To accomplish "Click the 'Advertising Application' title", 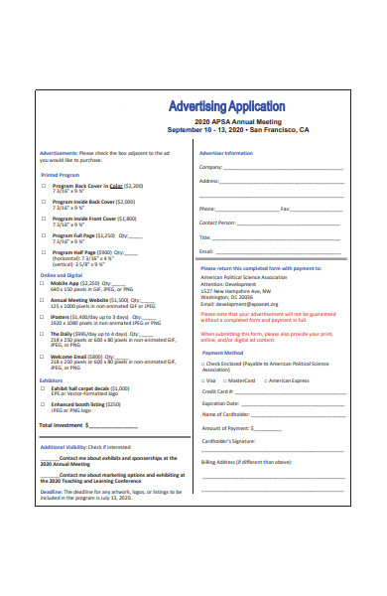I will point(227,105).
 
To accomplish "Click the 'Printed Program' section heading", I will point(60,174).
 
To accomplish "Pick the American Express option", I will point(264,379).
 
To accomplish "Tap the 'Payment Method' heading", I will point(222,353).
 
